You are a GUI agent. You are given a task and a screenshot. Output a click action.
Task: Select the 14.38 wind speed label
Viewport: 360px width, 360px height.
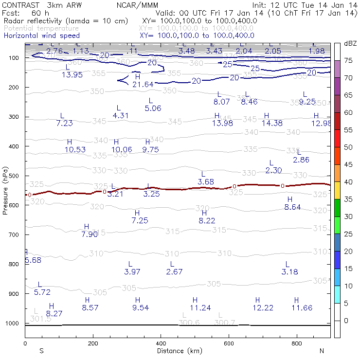272,123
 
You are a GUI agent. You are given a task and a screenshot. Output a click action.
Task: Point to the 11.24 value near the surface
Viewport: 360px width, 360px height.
200,307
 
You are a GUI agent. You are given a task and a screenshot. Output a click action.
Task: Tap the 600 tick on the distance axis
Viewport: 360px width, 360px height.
229,343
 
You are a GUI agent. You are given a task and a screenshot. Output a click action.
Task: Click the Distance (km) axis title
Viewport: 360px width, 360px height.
178,351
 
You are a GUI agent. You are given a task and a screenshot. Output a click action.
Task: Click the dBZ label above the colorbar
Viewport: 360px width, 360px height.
349,43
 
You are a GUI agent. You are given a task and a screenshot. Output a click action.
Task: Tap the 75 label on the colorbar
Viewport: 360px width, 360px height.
348,60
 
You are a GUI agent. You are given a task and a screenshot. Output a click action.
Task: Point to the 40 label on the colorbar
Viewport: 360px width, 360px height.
348,181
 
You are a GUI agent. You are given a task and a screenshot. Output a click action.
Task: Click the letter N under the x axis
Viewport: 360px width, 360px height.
322,351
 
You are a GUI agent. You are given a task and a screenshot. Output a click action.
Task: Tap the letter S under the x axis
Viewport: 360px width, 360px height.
41,351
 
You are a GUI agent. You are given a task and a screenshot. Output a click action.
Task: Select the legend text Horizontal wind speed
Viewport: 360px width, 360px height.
42,36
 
